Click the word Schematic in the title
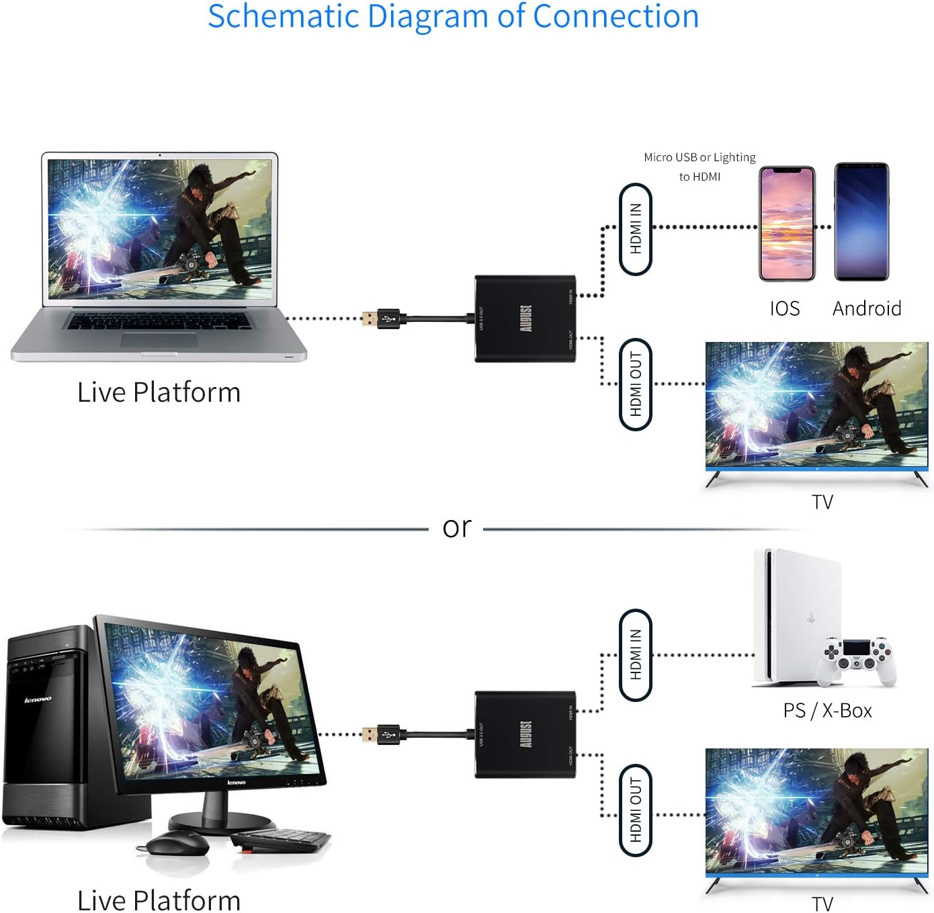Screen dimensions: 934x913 point(283,16)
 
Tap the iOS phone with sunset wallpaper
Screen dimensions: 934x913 point(787,224)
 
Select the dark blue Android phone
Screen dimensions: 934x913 point(861,222)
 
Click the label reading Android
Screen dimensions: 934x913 point(867,308)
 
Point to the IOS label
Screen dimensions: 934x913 point(785,308)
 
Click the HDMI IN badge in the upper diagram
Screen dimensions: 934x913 point(636,229)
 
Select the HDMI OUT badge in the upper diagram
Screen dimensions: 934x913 point(636,384)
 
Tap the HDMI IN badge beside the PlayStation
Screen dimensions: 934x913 point(636,655)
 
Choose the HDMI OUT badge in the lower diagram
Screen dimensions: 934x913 point(636,810)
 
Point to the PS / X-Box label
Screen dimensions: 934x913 point(827,710)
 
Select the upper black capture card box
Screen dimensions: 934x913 point(525,318)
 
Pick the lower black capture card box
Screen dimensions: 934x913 point(525,734)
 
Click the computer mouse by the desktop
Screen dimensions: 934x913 point(177,842)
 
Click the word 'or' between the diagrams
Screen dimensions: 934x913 point(457,527)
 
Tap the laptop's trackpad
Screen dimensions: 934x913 point(159,339)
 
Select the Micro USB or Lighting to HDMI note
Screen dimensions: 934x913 point(699,167)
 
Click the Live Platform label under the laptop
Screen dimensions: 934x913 point(159,392)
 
